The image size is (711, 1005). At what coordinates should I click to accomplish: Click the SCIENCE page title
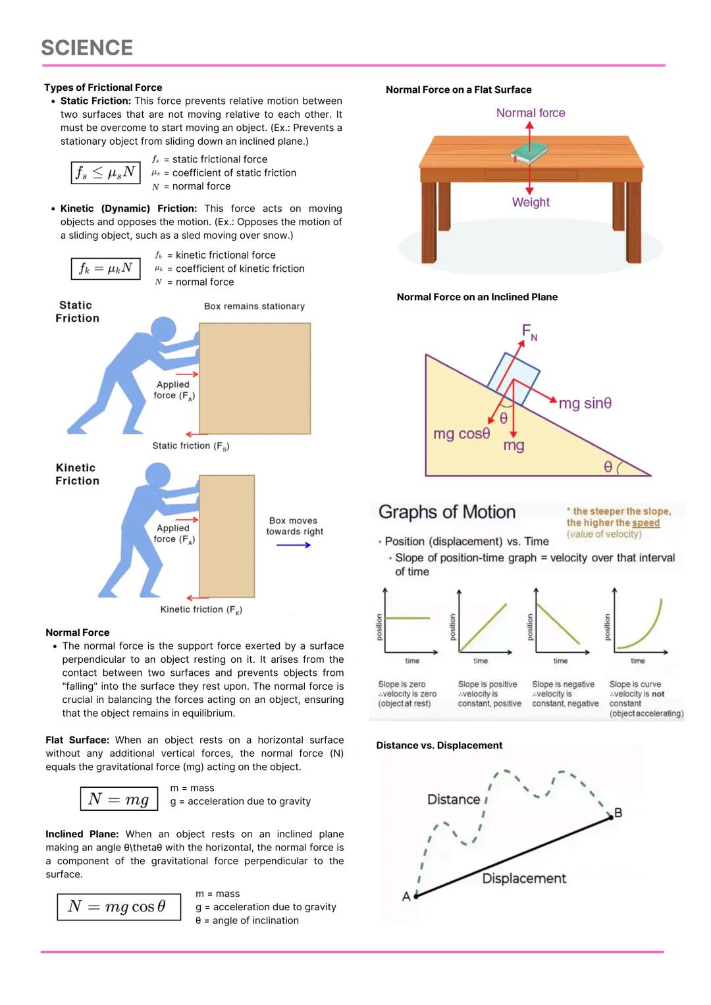[x=87, y=48]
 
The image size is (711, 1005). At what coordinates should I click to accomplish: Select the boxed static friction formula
[x=105, y=172]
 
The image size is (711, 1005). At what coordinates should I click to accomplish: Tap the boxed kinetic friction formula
[x=105, y=269]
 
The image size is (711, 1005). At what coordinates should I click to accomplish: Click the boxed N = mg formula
[x=119, y=799]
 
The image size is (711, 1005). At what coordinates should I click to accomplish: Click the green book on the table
[x=531, y=153]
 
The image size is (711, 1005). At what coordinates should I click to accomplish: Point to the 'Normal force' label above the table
[x=531, y=113]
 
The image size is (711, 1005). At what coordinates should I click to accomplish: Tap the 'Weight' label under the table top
[x=531, y=203]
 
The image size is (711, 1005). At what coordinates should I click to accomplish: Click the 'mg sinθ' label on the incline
[x=585, y=403]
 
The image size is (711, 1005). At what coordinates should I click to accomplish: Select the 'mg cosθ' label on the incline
[x=461, y=434]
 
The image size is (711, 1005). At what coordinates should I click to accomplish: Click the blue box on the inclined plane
[x=514, y=378]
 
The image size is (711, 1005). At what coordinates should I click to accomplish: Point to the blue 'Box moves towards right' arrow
[x=294, y=545]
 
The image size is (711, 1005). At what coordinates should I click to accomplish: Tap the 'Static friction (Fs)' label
[x=190, y=446]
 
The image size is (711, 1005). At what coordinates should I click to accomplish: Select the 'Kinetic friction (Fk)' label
[x=201, y=610]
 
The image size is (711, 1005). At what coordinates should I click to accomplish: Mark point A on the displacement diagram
[x=416, y=896]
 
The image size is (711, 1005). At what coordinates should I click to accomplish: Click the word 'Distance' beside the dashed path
[x=454, y=800]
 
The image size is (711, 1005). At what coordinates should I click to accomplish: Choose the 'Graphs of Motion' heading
[x=447, y=512]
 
